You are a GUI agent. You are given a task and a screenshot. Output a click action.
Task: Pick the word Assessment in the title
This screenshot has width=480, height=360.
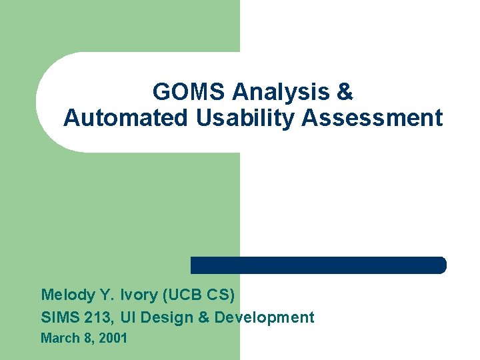(372, 118)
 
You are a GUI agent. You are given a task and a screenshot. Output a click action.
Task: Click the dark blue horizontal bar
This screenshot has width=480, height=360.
(318, 265)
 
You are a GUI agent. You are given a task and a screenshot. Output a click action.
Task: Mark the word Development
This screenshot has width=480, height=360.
(264, 317)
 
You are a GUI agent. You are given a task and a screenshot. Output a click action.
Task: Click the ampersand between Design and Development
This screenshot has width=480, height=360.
(204, 317)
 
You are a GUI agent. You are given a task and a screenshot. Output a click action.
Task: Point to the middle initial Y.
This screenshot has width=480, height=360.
(105, 295)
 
